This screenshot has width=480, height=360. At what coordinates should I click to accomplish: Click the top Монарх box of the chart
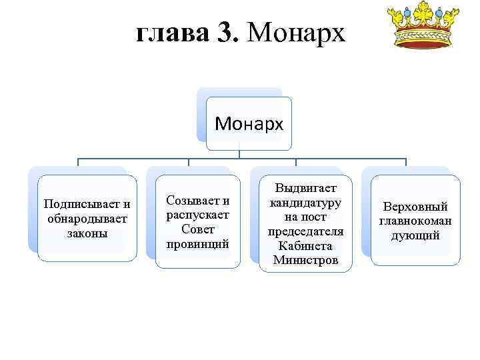(x=249, y=124)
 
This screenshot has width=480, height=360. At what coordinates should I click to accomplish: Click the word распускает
(x=198, y=215)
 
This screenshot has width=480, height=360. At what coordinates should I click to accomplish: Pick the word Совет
(x=198, y=229)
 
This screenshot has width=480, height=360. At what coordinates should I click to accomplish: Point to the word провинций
(x=198, y=244)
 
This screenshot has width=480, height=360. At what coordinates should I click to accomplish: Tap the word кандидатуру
(x=305, y=202)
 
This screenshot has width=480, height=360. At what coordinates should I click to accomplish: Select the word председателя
(x=305, y=231)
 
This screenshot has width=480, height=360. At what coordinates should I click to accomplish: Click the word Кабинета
(x=305, y=246)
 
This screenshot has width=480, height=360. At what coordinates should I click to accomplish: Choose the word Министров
(x=305, y=260)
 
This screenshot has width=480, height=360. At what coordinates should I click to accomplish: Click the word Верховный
(x=415, y=207)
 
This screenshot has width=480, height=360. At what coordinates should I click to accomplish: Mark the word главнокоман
(x=415, y=221)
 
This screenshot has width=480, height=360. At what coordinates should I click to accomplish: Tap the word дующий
(x=415, y=235)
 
